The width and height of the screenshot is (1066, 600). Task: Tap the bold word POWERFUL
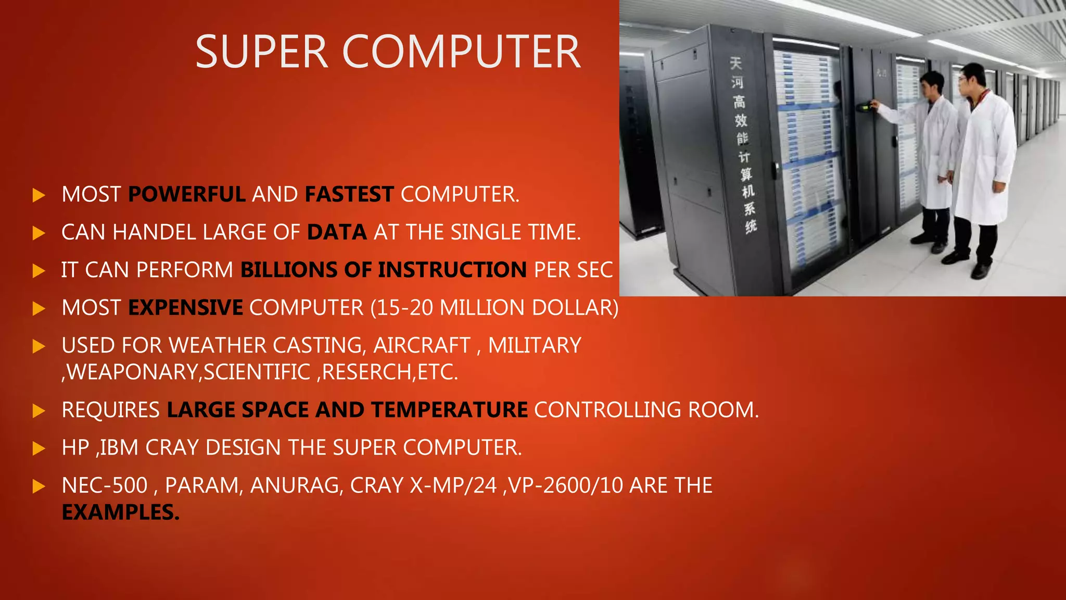coord(187,194)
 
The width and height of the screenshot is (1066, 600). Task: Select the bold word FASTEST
coord(349,194)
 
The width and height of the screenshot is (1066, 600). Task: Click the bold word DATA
coord(337,232)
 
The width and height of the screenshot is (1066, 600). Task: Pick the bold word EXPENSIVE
coord(185,308)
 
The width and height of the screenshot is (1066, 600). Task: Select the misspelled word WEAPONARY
coord(133,372)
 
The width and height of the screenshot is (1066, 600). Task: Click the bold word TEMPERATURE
coord(449,410)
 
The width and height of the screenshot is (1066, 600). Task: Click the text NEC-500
coord(105,485)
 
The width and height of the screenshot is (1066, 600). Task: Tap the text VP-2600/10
coord(566,485)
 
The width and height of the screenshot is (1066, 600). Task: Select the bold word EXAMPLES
coord(120,512)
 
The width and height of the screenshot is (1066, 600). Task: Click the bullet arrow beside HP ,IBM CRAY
coord(39,448)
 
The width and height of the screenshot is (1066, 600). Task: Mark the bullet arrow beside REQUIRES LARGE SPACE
coord(39,410)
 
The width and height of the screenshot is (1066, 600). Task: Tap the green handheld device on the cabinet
coord(865,107)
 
